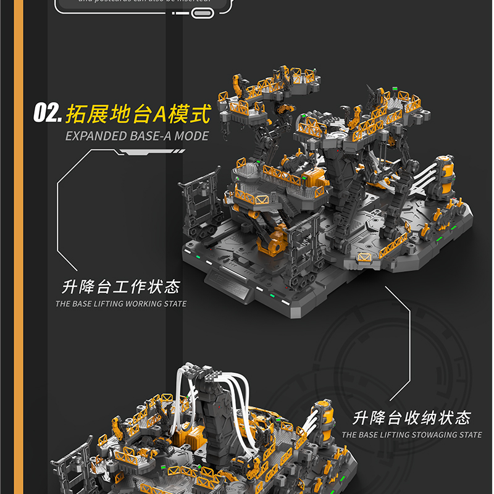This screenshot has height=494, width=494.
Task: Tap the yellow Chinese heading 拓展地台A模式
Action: (x=137, y=114)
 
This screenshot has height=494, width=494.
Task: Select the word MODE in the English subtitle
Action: (x=191, y=136)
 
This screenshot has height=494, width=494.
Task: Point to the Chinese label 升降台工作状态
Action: (x=121, y=287)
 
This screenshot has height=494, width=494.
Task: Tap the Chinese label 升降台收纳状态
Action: (x=412, y=418)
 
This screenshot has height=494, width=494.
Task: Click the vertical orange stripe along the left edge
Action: (x=18, y=247)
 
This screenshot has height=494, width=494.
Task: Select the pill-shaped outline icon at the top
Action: (x=201, y=12)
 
